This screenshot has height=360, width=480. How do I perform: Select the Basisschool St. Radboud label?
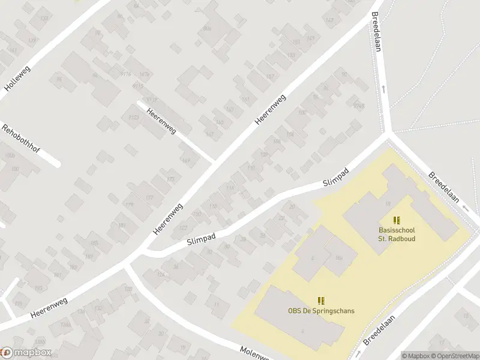point(397,234)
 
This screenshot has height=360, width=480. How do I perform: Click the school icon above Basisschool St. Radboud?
point(396,220)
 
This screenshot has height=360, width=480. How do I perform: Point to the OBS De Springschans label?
point(321,311)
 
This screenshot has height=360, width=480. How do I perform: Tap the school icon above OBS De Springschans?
point(321,299)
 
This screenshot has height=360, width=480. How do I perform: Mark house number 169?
point(186,160)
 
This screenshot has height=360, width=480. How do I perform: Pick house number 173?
point(171,179)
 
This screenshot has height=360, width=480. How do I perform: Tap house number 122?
point(184,227)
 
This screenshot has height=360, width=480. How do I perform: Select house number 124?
point(160,275)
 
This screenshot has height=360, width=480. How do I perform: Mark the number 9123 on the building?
point(133,117)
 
